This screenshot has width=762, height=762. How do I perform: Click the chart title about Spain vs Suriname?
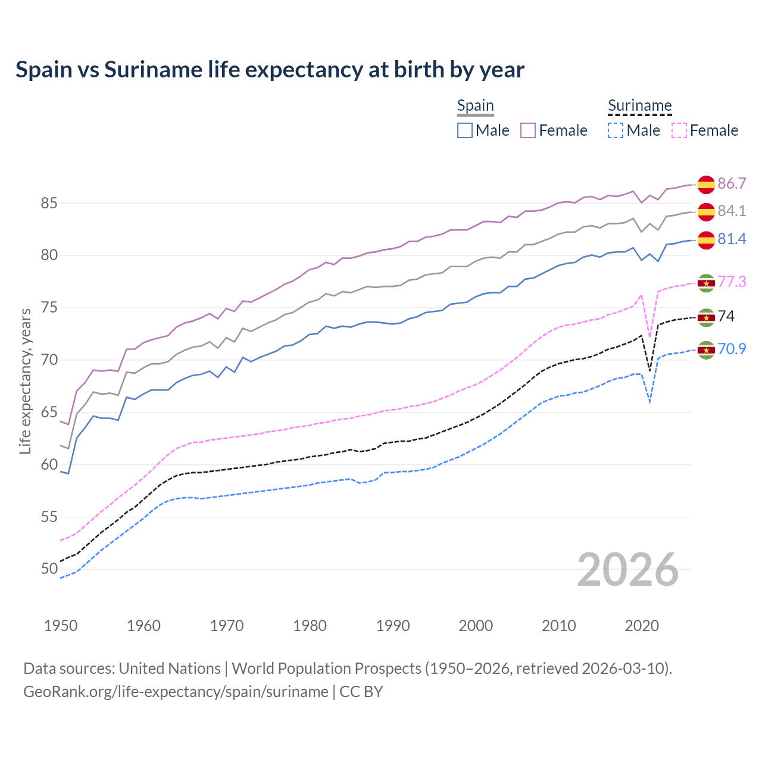[x=270, y=70]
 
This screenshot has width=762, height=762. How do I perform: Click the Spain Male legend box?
[x=465, y=130]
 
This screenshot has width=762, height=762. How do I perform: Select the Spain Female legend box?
[x=528, y=130]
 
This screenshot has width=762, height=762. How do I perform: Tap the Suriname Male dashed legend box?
[x=616, y=130]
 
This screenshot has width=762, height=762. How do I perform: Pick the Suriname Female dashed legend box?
[x=679, y=130]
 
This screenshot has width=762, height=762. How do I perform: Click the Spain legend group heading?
[x=475, y=106]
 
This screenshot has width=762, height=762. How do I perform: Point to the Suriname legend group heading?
[x=639, y=106]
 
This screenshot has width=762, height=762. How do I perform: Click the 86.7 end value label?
[x=732, y=183]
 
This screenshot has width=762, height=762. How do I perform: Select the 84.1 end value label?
[x=732, y=211]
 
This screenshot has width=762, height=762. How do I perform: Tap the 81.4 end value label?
[x=732, y=239]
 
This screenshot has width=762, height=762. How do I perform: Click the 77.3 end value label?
[x=732, y=282]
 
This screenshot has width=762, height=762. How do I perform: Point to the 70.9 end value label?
[x=732, y=349]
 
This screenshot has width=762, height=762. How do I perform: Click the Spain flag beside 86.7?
[x=706, y=185]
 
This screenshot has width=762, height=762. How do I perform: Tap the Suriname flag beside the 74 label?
[x=706, y=317]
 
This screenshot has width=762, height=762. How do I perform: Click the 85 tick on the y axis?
[x=49, y=203]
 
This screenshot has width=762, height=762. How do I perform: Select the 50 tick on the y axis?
[x=49, y=569]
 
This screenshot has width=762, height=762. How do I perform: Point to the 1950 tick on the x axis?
[x=61, y=626]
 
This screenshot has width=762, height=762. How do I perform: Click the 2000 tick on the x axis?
[x=476, y=626]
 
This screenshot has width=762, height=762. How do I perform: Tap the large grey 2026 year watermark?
[x=627, y=570]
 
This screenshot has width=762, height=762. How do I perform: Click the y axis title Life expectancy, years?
[x=26, y=381]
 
